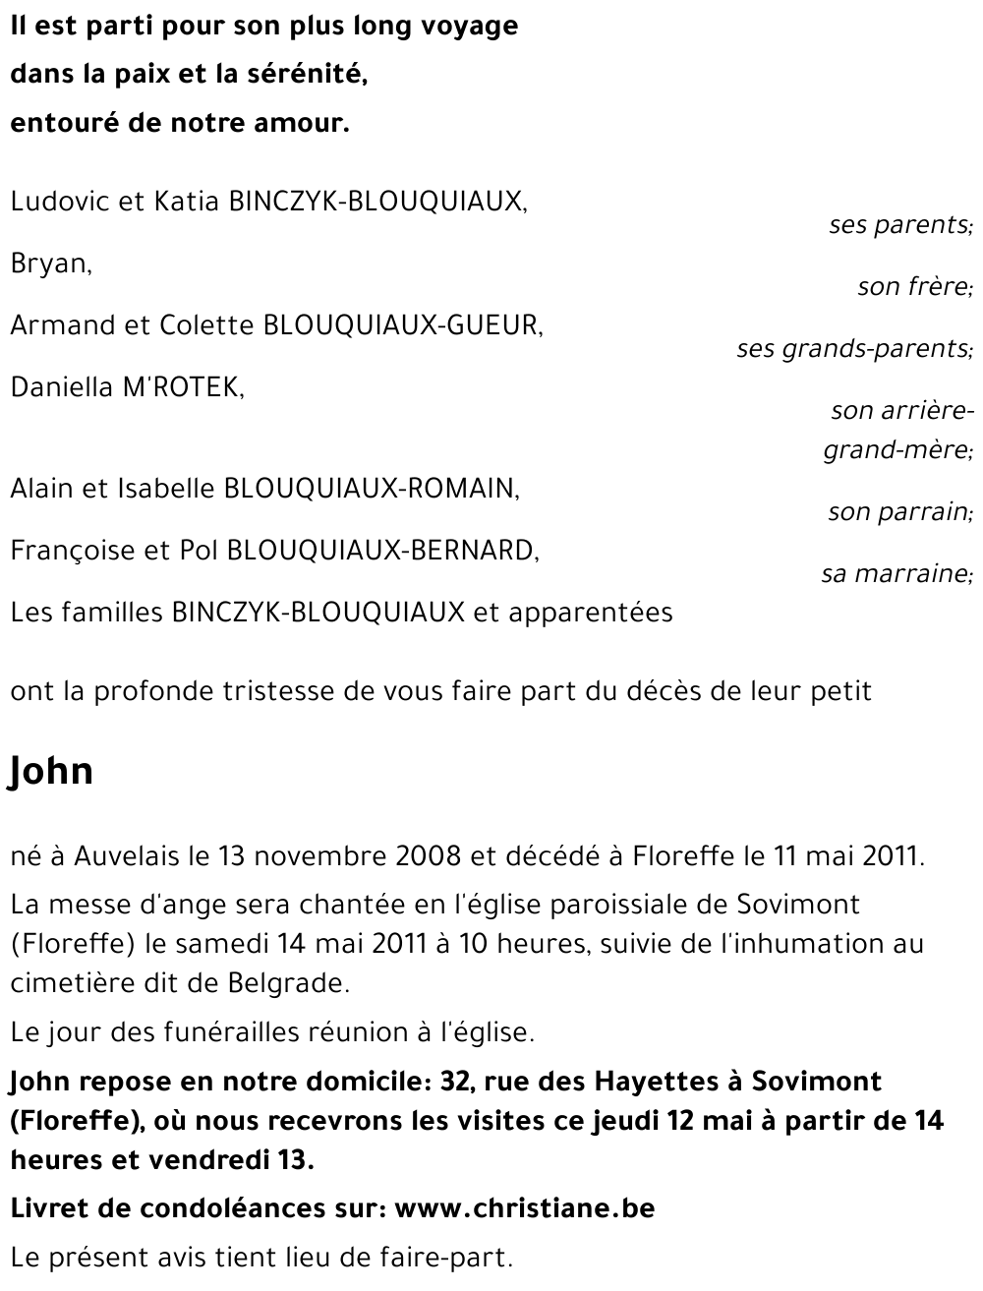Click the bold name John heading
(x=51, y=772)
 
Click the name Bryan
(x=50, y=264)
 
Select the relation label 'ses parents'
(x=899, y=225)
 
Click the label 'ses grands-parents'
(x=853, y=349)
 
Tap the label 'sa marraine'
(x=896, y=574)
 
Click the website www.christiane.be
(x=524, y=1207)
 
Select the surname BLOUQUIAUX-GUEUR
(x=403, y=325)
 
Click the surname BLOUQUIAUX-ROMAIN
(x=372, y=488)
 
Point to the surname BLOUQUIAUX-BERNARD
(x=382, y=550)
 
